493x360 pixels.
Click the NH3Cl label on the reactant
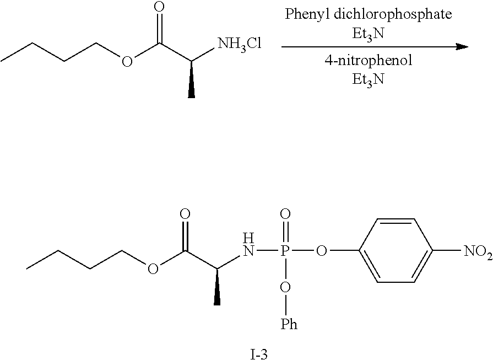[240, 44]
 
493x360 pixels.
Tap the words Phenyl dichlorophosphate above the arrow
[368, 14]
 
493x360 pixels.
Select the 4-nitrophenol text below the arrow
[368, 60]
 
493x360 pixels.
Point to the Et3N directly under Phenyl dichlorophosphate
[368, 34]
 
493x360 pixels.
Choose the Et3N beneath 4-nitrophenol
[368, 79]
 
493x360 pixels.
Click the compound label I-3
[259, 354]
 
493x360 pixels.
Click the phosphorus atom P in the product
[285, 251]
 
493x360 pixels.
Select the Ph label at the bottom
[289, 324]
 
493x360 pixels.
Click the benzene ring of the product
[397, 251]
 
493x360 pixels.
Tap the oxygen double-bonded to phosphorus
[285, 214]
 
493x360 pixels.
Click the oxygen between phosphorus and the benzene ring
[322, 251]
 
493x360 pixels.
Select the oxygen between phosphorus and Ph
[285, 287]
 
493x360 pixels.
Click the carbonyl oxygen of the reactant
[160, 8]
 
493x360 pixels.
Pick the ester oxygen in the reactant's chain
[127, 61]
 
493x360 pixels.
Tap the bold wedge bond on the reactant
[191, 79]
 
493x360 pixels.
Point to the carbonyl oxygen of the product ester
[185, 214]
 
